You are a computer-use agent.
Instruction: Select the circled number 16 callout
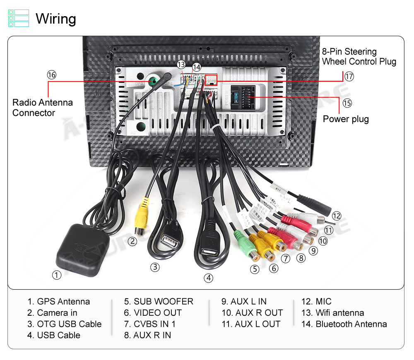51,75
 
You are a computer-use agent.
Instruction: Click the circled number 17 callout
349,77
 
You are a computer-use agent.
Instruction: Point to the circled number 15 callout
347,103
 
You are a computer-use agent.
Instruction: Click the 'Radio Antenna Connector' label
42,108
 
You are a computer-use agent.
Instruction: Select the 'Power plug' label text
346,119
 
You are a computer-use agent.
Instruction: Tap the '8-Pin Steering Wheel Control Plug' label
359,57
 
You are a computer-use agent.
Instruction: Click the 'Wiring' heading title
56,19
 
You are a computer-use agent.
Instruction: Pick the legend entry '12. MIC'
316,302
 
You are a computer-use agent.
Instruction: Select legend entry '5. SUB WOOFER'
159,302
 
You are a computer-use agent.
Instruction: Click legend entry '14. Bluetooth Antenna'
344,324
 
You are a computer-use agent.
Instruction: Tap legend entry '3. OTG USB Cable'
64,324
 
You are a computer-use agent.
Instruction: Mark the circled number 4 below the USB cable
209,278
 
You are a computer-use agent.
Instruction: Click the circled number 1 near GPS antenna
56,274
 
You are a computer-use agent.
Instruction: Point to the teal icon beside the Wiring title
19,19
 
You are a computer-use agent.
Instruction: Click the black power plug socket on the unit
244,97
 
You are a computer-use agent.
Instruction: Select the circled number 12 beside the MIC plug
336,216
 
